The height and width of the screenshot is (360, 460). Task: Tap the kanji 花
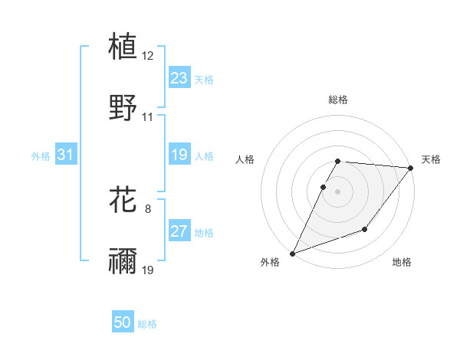[123, 200]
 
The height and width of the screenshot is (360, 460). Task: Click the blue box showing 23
[179, 78]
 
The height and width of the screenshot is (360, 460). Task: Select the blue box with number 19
[179, 155]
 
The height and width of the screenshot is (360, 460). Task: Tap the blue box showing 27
[179, 232]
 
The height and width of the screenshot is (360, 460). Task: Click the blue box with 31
[66, 155]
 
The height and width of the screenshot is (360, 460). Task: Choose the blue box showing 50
[123, 323]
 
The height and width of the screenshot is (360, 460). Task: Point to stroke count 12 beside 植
[148, 56]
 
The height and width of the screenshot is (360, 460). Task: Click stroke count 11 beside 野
[148, 117]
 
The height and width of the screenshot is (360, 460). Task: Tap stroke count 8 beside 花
[148, 209]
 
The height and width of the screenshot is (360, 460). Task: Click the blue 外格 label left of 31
[41, 156]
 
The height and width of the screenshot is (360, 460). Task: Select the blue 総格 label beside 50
[147, 324]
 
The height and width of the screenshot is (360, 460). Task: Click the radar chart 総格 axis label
[338, 100]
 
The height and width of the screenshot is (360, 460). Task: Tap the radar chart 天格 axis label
[431, 159]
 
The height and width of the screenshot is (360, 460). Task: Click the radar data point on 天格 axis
[411, 169]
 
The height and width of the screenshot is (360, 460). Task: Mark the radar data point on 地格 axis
[365, 229]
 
